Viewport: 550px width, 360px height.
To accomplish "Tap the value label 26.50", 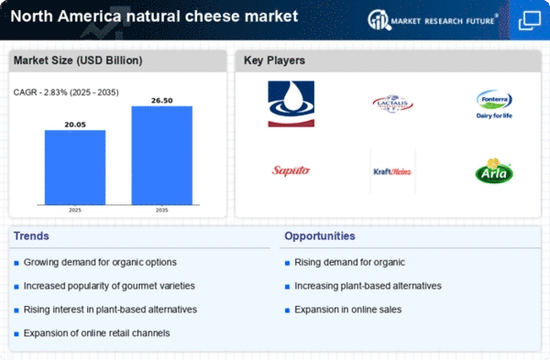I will [161, 98].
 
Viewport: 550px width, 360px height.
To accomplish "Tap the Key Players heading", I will [274, 60].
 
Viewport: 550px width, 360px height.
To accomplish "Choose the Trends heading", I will [32, 236].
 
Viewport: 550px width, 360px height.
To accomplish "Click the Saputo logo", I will [291, 170].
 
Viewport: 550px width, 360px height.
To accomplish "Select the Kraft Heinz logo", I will [392, 170].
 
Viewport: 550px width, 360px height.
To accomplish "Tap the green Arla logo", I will [494, 170].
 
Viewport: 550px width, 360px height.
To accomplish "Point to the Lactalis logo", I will [392, 104].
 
